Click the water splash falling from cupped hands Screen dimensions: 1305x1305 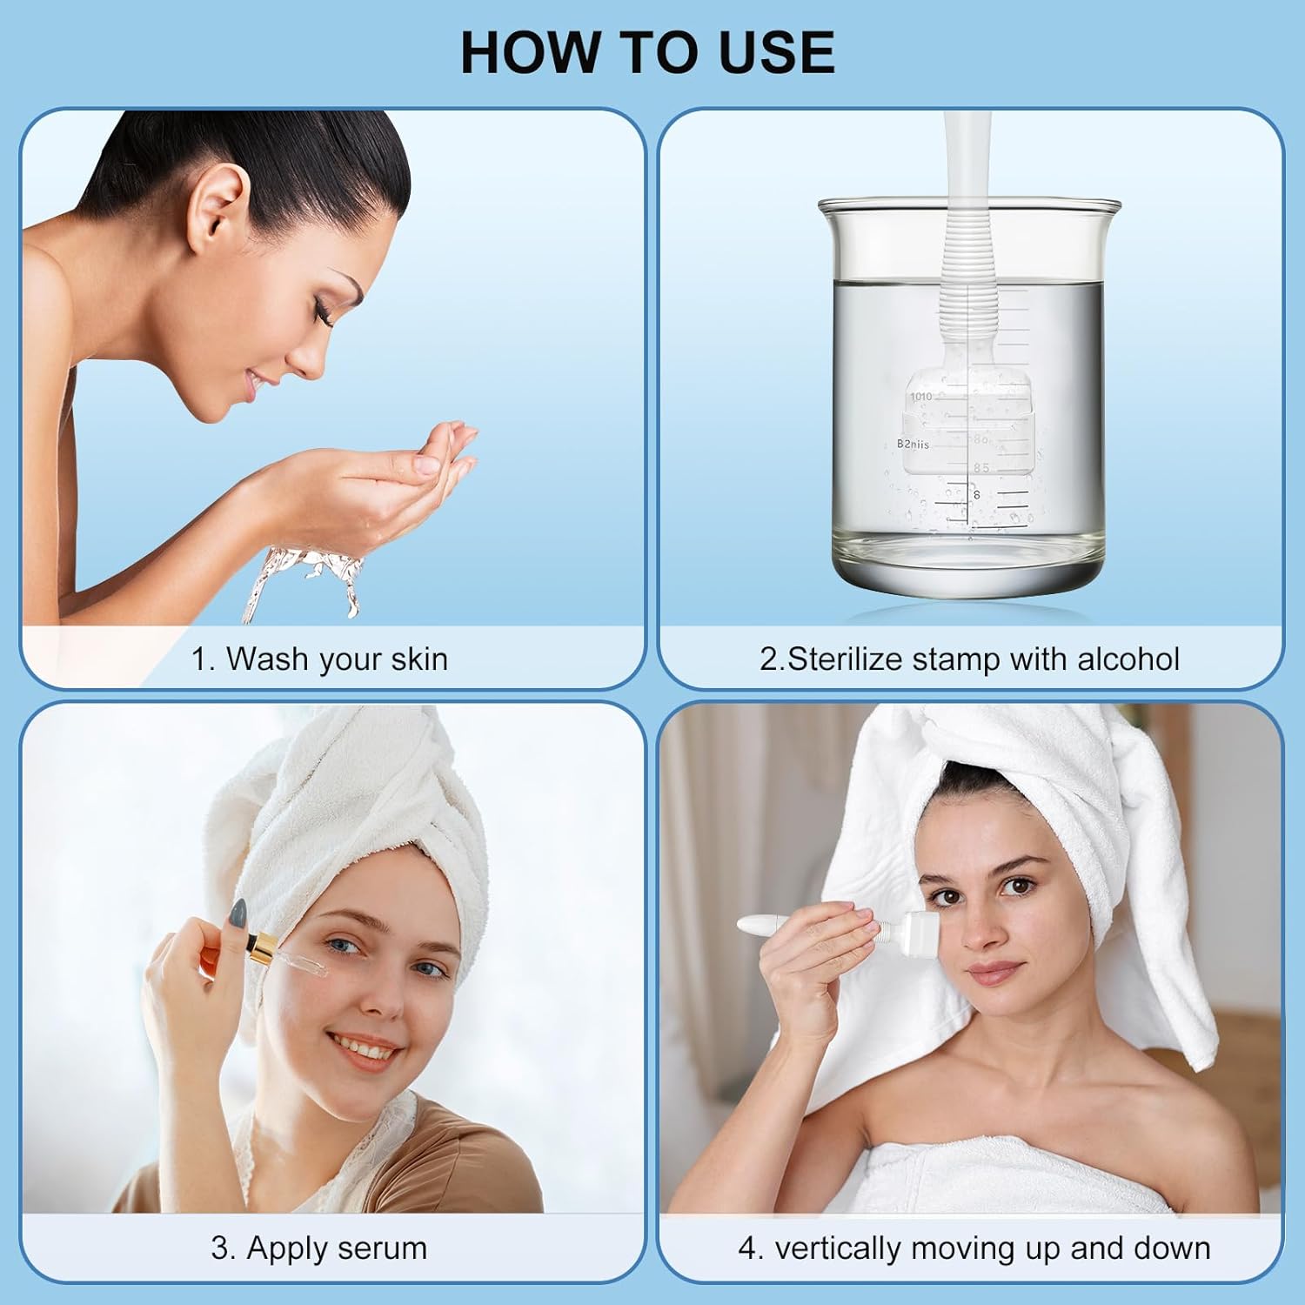tap(304, 579)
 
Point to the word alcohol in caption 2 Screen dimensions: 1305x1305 tap(1128, 659)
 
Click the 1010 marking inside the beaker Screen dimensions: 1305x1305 tap(920, 397)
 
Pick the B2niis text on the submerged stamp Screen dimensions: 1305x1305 tap(913, 445)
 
